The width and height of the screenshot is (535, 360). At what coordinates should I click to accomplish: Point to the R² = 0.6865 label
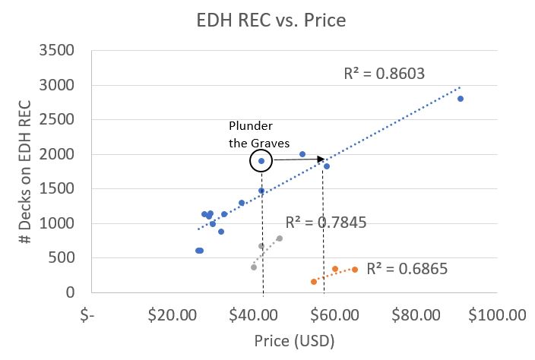[407, 269]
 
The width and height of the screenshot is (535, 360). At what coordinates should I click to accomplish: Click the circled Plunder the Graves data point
[261, 161]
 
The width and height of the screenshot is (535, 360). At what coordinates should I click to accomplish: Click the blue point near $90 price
[461, 99]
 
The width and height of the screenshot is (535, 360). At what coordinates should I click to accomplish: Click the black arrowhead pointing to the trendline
[318, 159]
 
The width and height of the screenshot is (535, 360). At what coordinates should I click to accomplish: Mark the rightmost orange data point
[355, 270]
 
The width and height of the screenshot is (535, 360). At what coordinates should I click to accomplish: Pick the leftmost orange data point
[314, 282]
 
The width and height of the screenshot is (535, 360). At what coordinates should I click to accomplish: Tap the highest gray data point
[280, 238]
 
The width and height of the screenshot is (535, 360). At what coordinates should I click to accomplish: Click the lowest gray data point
[254, 267]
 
